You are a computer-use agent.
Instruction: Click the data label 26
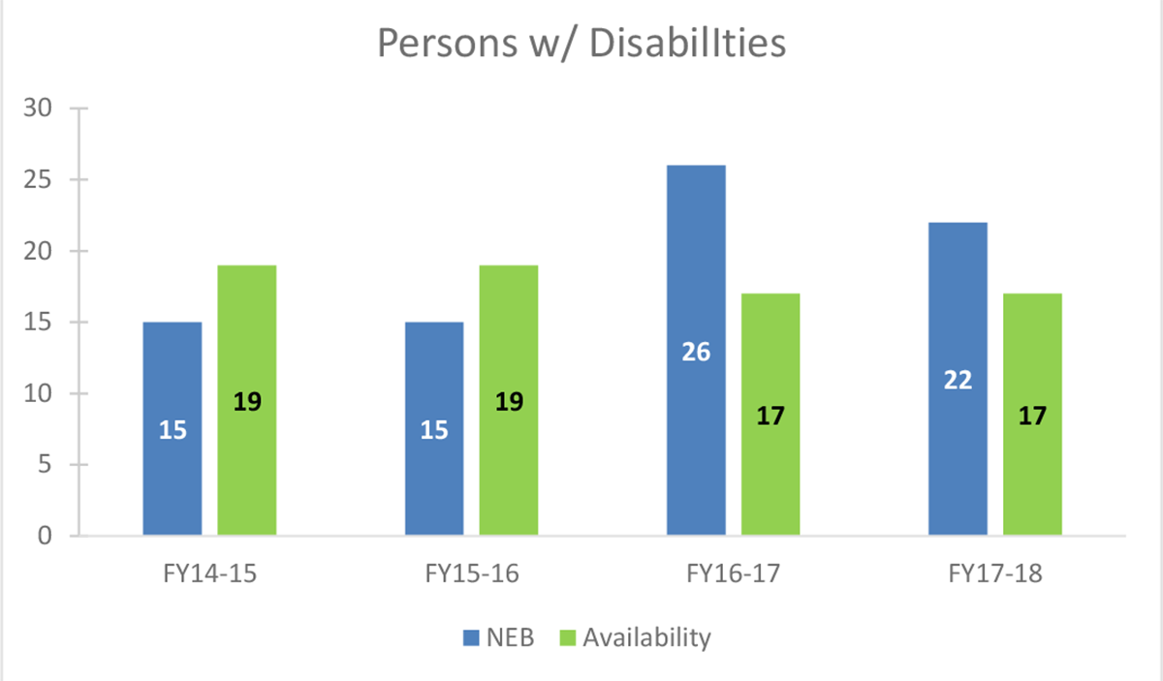click(x=696, y=352)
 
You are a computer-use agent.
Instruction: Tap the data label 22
click(x=958, y=381)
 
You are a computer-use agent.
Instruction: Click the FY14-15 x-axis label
click(x=209, y=573)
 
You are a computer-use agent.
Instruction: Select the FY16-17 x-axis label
click(x=734, y=573)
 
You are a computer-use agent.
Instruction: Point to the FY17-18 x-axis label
click(x=995, y=573)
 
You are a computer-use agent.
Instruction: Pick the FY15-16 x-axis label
click(x=472, y=573)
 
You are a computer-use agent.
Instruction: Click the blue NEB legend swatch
click(x=471, y=637)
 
